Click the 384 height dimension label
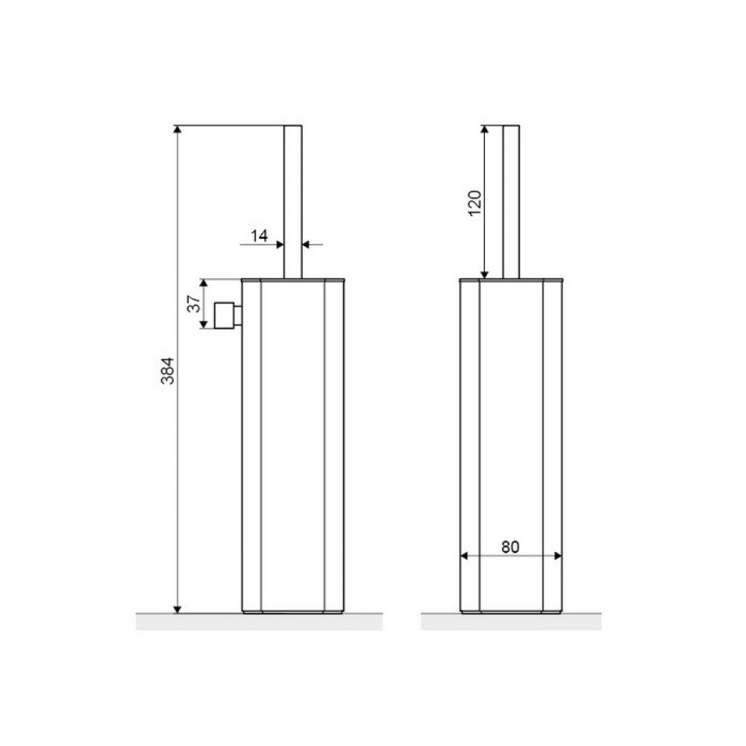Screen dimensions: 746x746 point(167,371)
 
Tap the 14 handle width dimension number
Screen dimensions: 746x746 point(260,236)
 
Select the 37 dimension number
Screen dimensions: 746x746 point(194,304)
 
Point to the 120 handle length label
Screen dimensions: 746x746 point(474,203)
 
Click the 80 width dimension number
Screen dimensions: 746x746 point(510,547)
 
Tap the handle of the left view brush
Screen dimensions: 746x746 point(293,201)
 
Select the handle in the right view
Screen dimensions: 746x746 point(511,201)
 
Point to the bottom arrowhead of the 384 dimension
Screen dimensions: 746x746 point(178,609)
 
